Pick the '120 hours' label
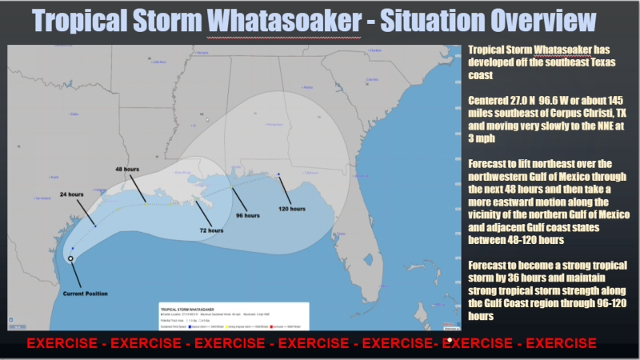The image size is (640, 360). tap(292, 209)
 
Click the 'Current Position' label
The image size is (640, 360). tap(85, 294)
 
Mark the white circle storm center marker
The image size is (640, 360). tap(71, 259)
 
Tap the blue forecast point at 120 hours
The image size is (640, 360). tap(278, 174)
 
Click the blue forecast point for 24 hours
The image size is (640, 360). tap(95, 226)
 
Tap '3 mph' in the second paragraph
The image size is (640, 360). tap(478, 138)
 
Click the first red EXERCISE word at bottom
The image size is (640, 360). tap(63, 343)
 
